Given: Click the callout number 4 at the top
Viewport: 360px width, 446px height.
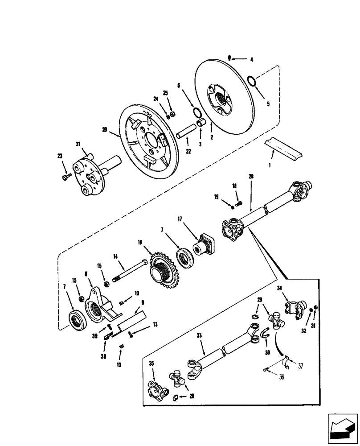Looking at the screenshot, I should coord(251,59).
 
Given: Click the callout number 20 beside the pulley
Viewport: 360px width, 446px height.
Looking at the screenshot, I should coord(105,130).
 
